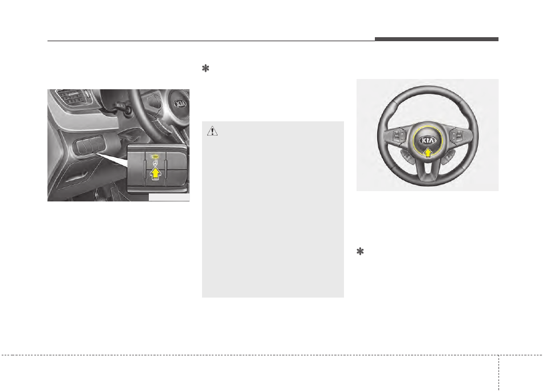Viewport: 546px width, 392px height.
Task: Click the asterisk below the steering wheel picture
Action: pos(361,252)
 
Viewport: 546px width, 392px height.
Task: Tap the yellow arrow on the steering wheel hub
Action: pos(428,152)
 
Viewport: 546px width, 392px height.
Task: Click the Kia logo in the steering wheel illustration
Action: pos(428,140)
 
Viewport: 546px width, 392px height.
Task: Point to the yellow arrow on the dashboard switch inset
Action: pos(153,172)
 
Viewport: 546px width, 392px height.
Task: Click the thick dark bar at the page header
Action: pos(437,39)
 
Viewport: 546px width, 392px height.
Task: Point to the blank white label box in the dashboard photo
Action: pos(168,198)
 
